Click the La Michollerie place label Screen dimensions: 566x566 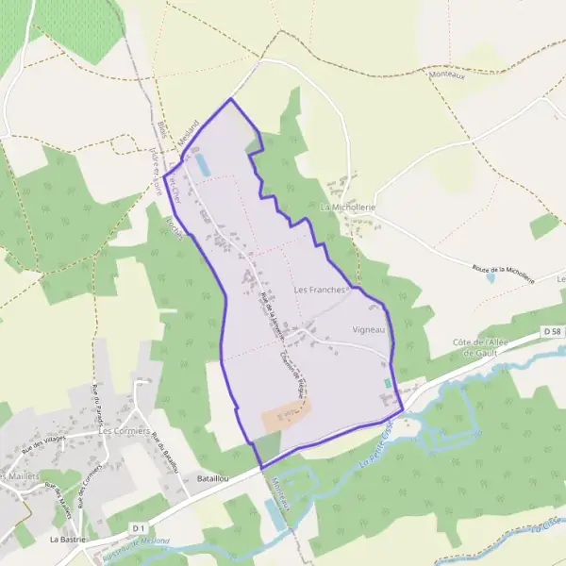coord(348,207)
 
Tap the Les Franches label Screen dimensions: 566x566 coord(321,290)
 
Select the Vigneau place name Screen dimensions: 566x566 coord(369,329)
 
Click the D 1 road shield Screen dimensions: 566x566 coord(140,526)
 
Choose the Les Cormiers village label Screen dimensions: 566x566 coord(125,430)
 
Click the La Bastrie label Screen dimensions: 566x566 coord(68,540)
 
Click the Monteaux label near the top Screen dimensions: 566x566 coord(446,74)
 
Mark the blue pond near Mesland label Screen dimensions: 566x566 coord(202,165)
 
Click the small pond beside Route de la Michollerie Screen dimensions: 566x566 coord(491,278)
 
